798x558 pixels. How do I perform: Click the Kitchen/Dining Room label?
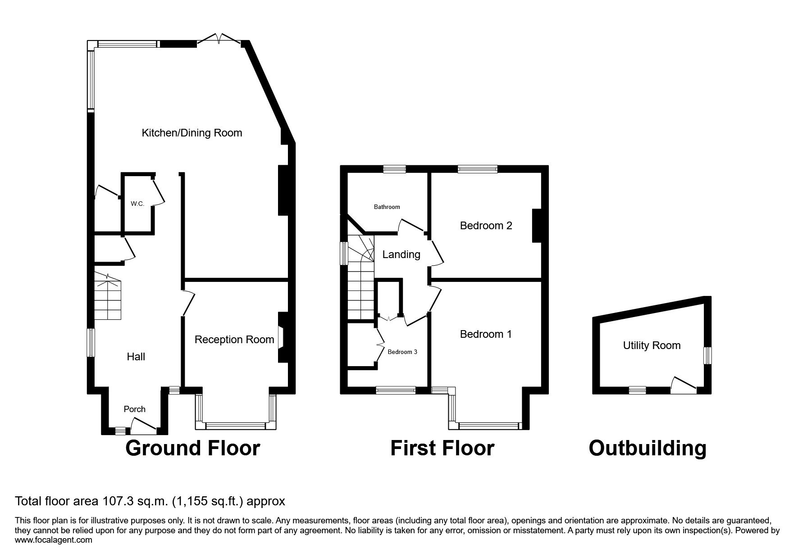[x=192, y=133]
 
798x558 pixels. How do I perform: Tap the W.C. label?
[x=137, y=204]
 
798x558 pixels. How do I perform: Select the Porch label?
[x=135, y=409]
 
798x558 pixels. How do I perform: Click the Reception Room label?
[x=234, y=340]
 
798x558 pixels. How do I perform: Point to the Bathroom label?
[x=387, y=207]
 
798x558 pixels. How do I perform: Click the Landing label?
[x=401, y=254]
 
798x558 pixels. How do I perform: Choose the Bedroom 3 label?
[x=402, y=352]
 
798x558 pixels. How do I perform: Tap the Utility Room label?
[x=652, y=345]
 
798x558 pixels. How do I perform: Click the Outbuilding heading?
[x=648, y=448]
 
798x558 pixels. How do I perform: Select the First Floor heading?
[x=442, y=448]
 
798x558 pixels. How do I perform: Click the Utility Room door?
[x=684, y=384]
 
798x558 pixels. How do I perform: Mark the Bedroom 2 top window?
[x=478, y=169]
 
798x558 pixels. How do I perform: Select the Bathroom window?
[x=394, y=169]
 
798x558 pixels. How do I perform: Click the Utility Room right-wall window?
[x=708, y=355]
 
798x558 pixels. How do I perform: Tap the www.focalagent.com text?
[x=54, y=540]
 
